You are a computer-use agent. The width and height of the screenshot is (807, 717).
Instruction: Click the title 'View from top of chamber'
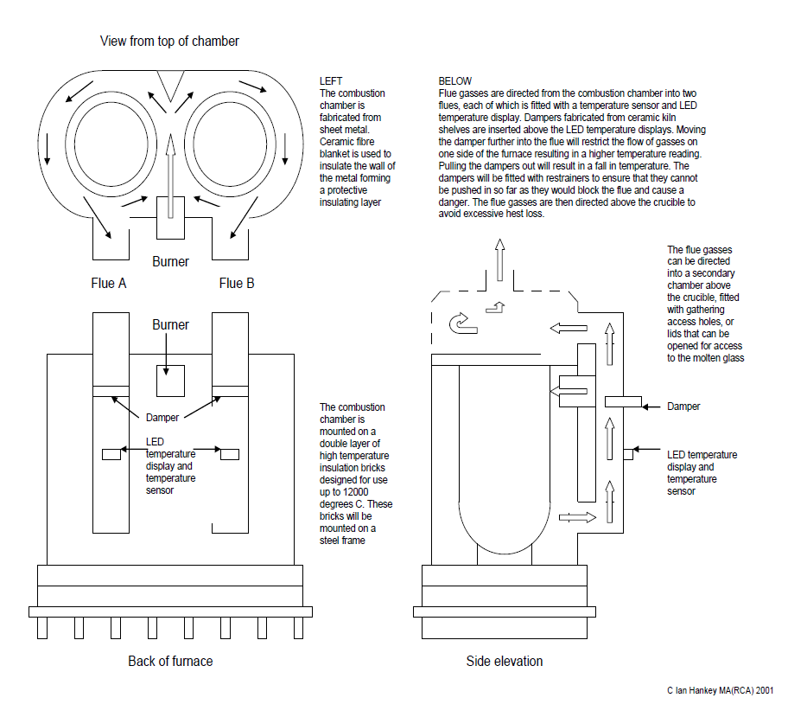[x=169, y=42]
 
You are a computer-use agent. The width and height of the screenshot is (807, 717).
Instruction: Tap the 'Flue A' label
[x=109, y=284]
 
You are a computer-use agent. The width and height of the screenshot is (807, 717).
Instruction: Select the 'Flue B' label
[x=237, y=284]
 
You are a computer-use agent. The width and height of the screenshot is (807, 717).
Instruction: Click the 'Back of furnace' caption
[x=170, y=661]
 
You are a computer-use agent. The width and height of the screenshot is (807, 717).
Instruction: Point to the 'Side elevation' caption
[x=505, y=661]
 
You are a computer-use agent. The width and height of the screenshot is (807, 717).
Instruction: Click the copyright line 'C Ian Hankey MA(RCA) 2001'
[x=720, y=690]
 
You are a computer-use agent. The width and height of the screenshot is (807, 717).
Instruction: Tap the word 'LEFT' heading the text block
[x=331, y=81]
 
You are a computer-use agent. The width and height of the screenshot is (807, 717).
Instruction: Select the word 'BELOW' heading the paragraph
[x=455, y=81]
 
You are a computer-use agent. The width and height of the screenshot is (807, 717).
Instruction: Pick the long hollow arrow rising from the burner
[x=170, y=175]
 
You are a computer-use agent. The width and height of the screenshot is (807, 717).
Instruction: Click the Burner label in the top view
[x=170, y=262]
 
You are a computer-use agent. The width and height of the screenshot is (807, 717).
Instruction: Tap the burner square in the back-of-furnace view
[x=170, y=381]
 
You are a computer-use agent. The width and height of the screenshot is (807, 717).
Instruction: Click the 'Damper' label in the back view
[x=162, y=417]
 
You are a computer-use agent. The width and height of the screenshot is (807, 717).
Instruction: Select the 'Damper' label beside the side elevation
[x=683, y=406]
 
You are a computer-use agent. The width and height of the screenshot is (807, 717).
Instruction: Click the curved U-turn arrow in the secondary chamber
[x=463, y=323]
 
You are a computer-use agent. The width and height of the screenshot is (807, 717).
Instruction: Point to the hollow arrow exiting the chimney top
[x=499, y=259]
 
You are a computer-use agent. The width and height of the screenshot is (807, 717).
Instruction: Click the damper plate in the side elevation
[x=623, y=401]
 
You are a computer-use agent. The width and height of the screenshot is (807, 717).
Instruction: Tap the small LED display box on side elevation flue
[x=628, y=454]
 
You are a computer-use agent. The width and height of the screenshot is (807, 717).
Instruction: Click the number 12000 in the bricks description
[x=355, y=491]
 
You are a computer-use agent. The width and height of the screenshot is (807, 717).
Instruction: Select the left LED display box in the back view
[x=111, y=454]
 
